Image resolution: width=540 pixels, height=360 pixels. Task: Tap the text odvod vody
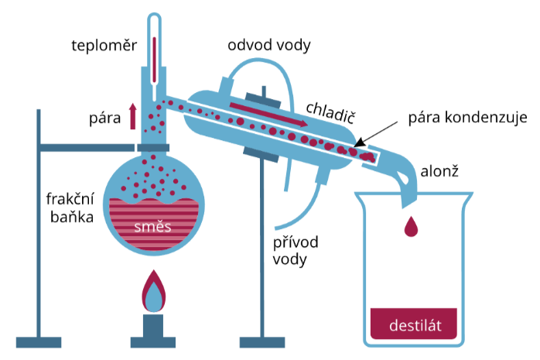click(x=268, y=45)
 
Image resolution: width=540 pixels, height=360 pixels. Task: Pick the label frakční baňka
click(x=70, y=207)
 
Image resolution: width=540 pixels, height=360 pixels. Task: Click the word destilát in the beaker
click(x=416, y=324)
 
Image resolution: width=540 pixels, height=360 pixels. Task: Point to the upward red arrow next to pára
click(x=133, y=116)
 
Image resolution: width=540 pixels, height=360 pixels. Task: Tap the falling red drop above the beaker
click(x=412, y=225)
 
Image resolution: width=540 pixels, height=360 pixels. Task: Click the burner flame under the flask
click(x=154, y=292)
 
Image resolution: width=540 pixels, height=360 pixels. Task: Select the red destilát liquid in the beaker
click(x=416, y=324)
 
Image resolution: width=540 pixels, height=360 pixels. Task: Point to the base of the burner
click(x=154, y=338)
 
